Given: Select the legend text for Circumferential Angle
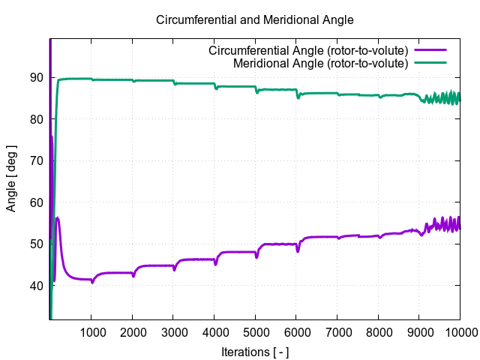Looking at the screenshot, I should pyautogui.click(x=307, y=51).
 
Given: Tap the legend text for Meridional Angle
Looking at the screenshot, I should pyautogui.click(x=320, y=63).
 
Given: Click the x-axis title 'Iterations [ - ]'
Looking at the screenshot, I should pyautogui.click(x=254, y=352).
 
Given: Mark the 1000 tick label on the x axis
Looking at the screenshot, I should pyautogui.click(x=91, y=333).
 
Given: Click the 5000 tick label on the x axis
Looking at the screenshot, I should pyautogui.click(x=255, y=333).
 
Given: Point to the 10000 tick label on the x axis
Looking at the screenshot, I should pyautogui.click(x=459, y=333).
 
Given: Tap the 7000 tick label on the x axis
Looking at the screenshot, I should pyautogui.click(x=337, y=333).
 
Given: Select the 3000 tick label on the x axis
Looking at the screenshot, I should pyautogui.click(x=173, y=333).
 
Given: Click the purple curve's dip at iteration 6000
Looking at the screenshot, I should pyautogui.click(x=298, y=251).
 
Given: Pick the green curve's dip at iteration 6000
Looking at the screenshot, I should pyautogui.click(x=298, y=97).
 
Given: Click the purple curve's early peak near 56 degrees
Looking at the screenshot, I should pyautogui.click(x=58, y=218).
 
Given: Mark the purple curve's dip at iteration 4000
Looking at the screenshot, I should pyautogui.click(x=216, y=264).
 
